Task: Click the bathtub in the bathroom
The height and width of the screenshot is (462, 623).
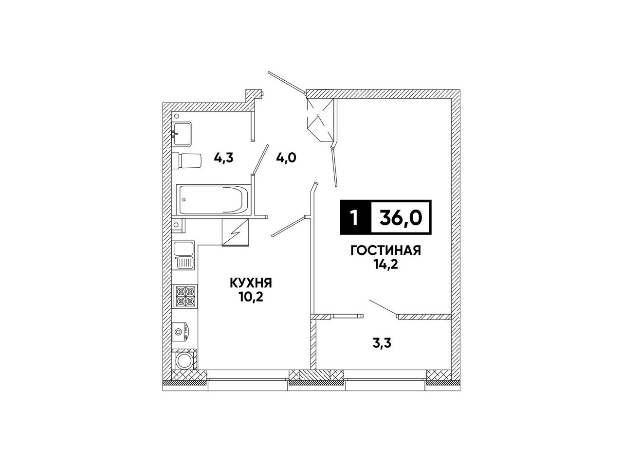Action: [213, 199]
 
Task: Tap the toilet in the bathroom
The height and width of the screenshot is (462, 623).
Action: [186, 161]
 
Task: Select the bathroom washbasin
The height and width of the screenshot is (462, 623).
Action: [182, 134]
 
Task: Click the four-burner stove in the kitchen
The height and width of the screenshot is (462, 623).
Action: [185, 296]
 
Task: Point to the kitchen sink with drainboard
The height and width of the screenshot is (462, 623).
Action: [183, 255]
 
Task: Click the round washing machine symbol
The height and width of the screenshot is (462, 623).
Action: [184, 360]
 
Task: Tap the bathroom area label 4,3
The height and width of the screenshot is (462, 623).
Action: [223, 159]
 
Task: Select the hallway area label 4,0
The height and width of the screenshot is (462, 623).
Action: [286, 159]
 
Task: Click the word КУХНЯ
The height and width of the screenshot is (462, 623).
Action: [251, 283]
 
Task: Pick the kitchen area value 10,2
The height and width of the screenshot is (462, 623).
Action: [251, 297]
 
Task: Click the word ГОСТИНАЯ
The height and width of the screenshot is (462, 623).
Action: [385, 250]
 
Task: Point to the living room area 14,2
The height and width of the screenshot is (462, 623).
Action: [386, 265]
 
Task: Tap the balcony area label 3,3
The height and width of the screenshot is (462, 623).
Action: [382, 343]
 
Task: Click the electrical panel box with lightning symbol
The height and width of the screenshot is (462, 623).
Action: [236, 232]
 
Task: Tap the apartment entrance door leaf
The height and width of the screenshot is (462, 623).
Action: [287, 82]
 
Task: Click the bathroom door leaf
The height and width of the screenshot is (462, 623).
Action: [261, 160]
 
